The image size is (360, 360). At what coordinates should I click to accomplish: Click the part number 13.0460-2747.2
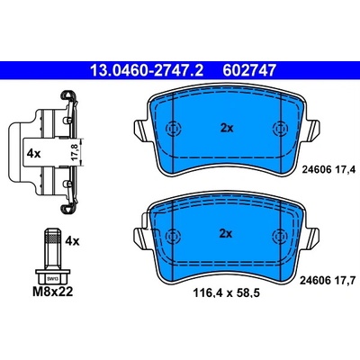click(147, 70)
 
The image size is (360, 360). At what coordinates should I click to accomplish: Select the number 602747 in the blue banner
click(248, 70)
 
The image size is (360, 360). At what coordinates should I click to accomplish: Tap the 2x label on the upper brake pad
click(227, 129)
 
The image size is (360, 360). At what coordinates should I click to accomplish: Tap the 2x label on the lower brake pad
click(226, 234)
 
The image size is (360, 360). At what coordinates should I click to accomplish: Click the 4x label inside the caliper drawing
click(33, 154)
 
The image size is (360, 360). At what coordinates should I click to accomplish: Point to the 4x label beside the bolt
click(72, 241)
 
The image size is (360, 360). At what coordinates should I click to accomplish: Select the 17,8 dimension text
click(75, 152)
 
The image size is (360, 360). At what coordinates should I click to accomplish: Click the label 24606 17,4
click(328, 170)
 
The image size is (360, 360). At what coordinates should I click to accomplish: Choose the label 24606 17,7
click(328, 281)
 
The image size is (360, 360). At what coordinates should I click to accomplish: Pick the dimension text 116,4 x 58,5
click(226, 292)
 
